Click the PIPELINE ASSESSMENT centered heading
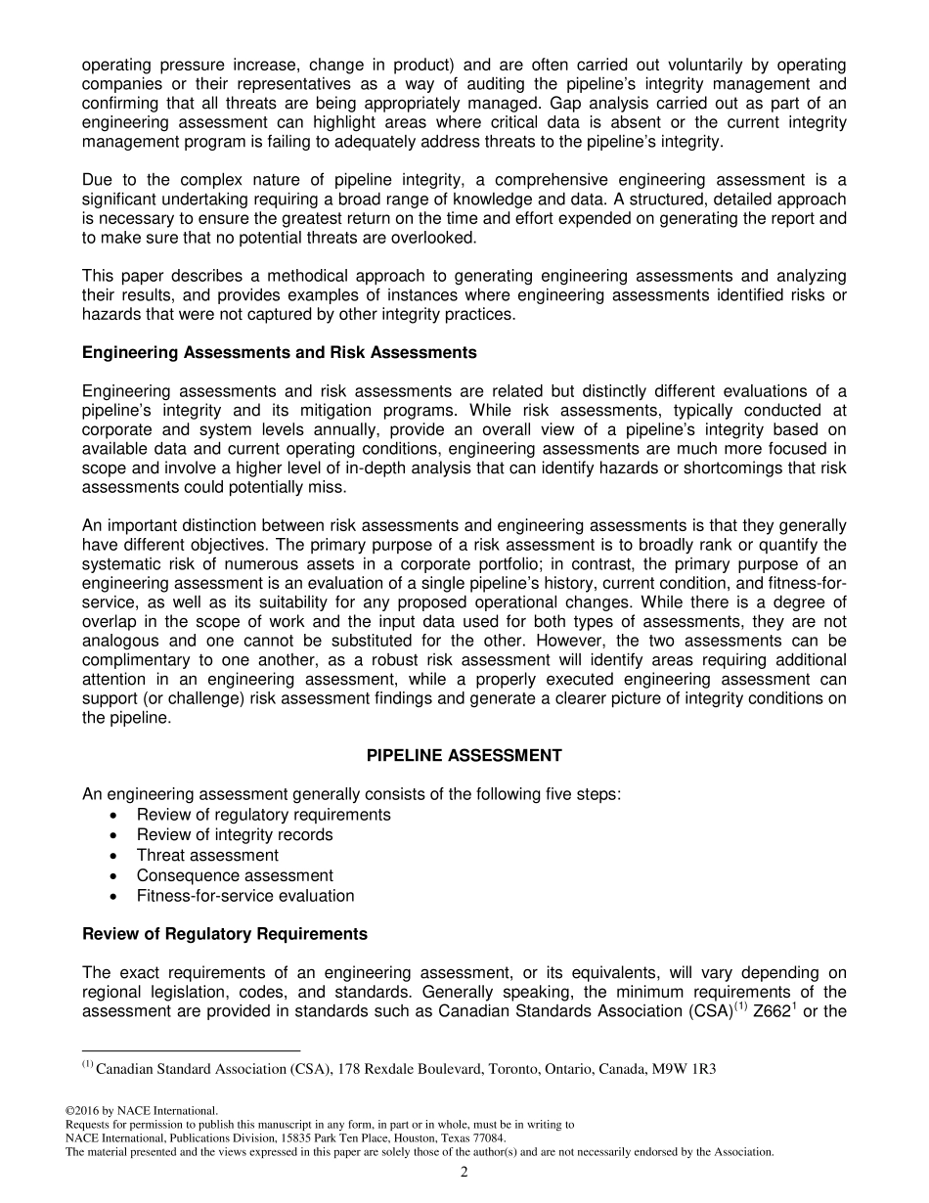click(x=464, y=756)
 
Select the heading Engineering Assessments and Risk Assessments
click(x=280, y=352)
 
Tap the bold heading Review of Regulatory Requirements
click(x=225, y=934)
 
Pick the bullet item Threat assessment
click(x=207, y=856)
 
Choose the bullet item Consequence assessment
click(x=235, y=875)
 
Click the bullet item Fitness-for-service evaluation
click(x=245, y=896)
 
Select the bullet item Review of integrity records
click(x=235, y=835)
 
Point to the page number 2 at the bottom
click(x=464, y=1173)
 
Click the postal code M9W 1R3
click(x=688, y=1069)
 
